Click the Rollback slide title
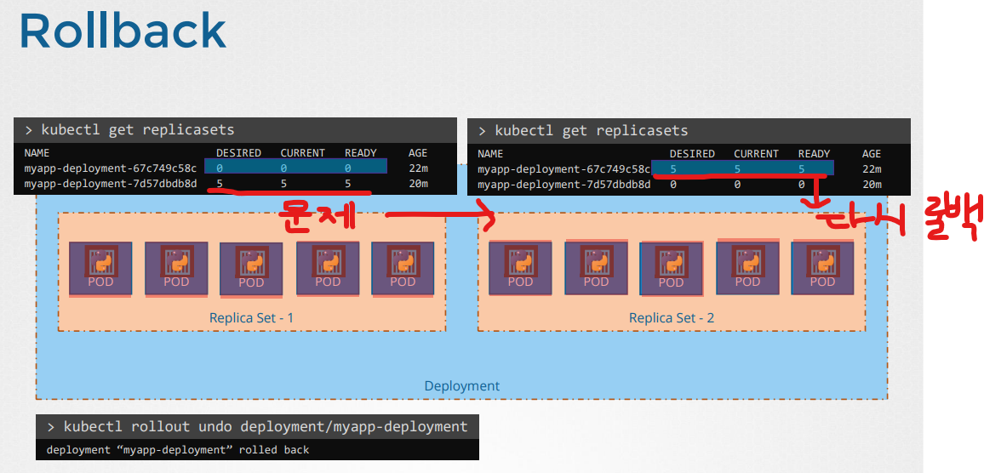pyautogui.click(x=123, y=31)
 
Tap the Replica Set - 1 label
pyautogui.click(x=251, y=318)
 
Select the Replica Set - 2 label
pyautogui.click(x=671, y=318)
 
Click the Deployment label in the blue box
pyautogui.click(x=461, y=386)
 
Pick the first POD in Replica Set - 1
pyautogui.click(x=100, y=269)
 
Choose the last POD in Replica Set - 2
pyautogui.click(x=822, y=269)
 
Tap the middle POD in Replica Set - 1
pyautogui.click(x=251, y=270)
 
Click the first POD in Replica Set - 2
pyautogui.click(x=520, y=269)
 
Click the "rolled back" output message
pyautogui.click(x=178, y=449)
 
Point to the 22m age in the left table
pyautogui.click(x=418, y=168)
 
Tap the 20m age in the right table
pyautogui.click(x=872, y=184)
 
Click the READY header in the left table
pyautogui.click(x=360, y=153)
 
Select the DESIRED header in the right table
pyautogui.click(x=692, y=154)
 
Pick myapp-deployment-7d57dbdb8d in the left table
pyautogui.click(x=111, y=184)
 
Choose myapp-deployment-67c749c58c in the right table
pyautogui.click(x=564, y=169)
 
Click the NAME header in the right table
pyautogui.click(x=490, y=154)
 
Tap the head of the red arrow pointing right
pyautogui.click(x=489, y=218)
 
